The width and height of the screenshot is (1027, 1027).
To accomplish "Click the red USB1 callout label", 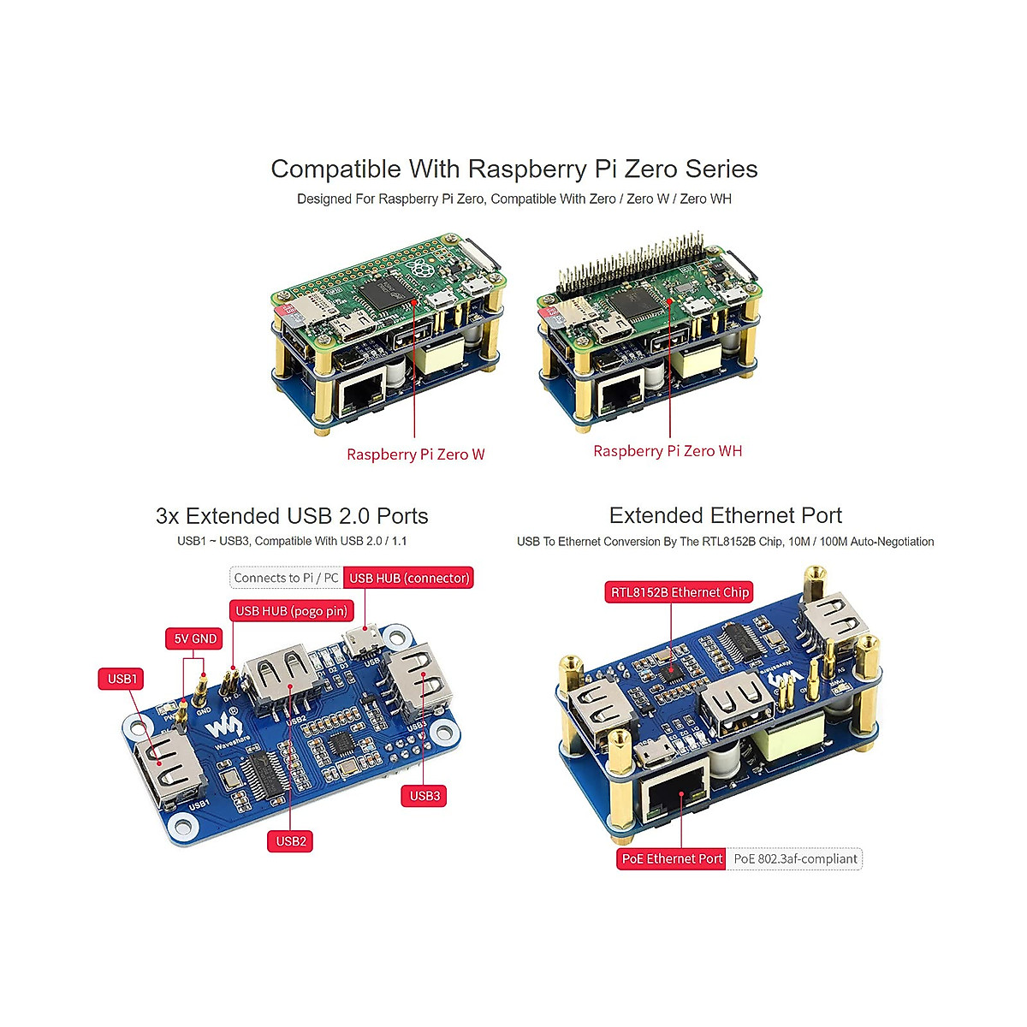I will click(x=122, y=679).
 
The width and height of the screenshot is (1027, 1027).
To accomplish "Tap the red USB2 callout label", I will click(x=291, y=841).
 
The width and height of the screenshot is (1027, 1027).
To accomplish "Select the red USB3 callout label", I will click(x=424, y=796).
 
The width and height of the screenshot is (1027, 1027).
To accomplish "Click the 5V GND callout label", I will click(x=195, y=638).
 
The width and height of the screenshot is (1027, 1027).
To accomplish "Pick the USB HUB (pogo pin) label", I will click(x=291, y=611).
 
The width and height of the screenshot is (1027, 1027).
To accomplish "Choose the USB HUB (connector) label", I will click(x=409, y=578).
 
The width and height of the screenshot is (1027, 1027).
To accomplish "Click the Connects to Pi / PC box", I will click(x=286, y=578).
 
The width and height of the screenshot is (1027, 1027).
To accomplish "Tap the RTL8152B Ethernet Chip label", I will click(x=680, y=592).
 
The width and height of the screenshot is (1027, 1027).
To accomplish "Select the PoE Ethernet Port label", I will click(x=672, y=858).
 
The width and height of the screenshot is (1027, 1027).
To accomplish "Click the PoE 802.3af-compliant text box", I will click(x=795, y=858).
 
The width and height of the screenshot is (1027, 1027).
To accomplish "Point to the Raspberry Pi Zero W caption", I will click(x=415, y=454).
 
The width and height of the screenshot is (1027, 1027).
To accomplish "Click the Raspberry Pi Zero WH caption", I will click(x=668, y=451).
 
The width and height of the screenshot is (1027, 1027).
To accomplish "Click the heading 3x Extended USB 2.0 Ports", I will click(x=292, y=516).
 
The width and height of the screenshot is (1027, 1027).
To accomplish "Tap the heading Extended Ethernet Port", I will click(x=725, y=515).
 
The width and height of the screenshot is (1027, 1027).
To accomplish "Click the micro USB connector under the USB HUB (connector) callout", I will click(x=365, y=640).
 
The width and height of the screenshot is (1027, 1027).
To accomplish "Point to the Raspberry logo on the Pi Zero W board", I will click(x=420, y=270).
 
